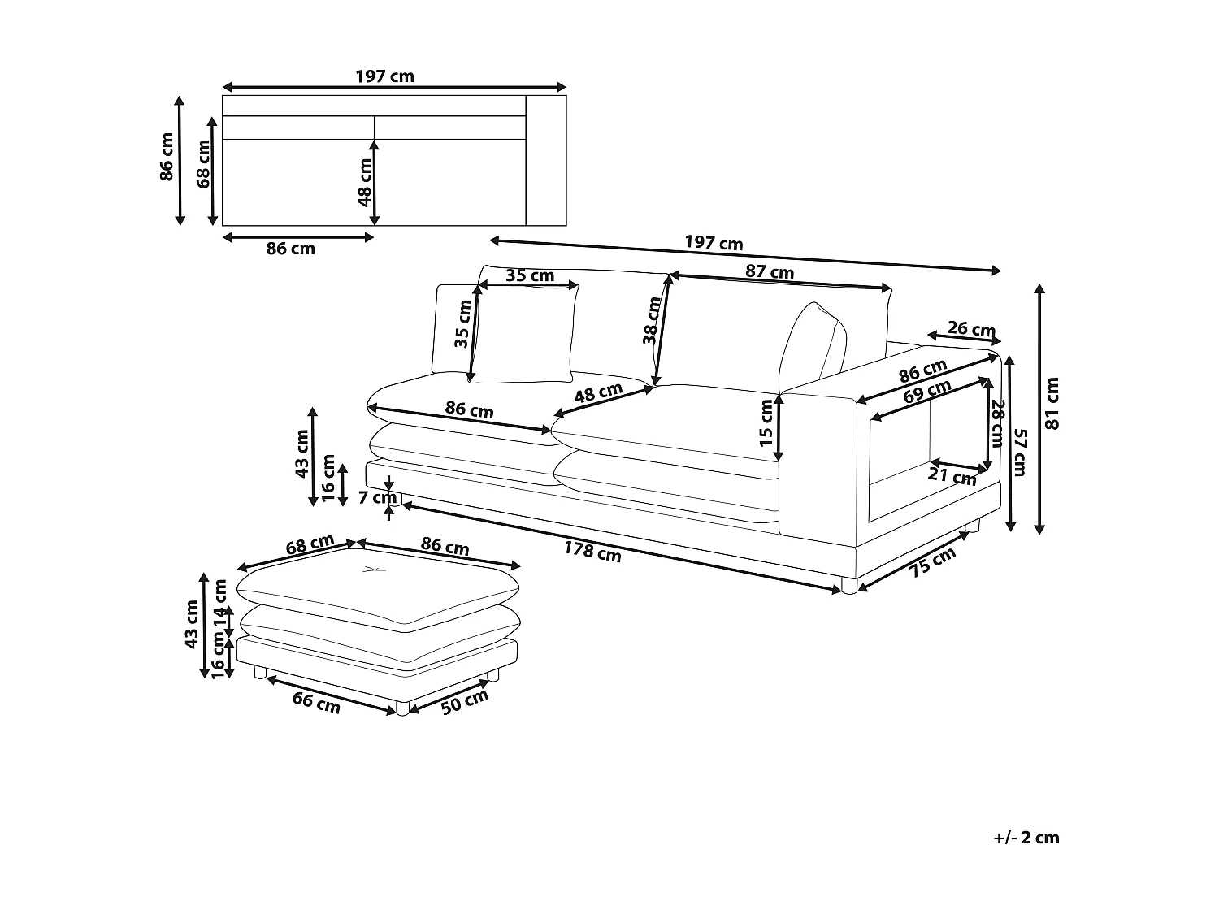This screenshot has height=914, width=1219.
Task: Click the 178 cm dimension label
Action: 592,552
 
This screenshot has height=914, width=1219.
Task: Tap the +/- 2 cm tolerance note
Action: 1026,838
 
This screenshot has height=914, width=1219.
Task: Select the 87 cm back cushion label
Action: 769,272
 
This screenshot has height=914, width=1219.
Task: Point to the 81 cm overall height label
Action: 1052,404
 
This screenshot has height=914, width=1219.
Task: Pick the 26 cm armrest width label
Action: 971,329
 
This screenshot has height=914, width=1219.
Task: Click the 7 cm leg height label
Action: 377,497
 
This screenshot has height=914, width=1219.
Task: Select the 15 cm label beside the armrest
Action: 766,423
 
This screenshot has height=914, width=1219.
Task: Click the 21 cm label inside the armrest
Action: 952,477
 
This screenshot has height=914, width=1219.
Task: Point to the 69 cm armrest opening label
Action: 926,393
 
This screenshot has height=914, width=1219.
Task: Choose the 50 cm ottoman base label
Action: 465,701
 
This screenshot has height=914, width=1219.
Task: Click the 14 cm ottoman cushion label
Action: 219,603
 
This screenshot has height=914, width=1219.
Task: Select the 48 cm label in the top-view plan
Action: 365,181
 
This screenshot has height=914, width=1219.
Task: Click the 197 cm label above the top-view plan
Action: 384,76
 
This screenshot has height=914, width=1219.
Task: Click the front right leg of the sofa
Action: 848,585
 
